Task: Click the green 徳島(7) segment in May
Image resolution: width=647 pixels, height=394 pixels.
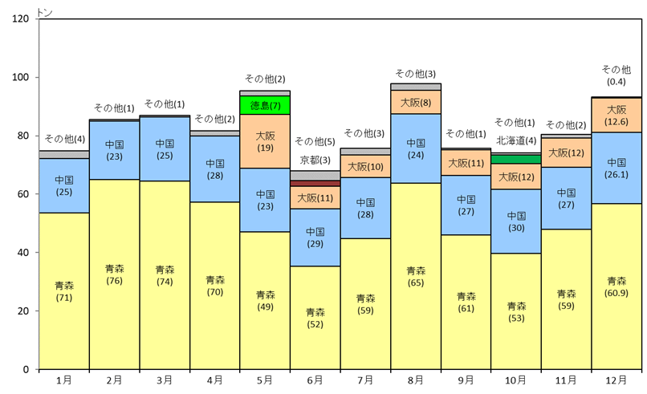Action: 265,105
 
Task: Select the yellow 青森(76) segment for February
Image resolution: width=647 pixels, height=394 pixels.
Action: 114,274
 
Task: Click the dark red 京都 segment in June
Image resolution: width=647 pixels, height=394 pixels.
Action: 315,184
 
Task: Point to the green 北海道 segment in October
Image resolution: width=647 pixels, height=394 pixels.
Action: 515,159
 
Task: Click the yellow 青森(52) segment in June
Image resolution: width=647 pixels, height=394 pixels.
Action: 315,317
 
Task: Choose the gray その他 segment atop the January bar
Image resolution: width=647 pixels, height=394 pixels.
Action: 64,154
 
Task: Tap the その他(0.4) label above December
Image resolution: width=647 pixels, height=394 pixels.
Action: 616,75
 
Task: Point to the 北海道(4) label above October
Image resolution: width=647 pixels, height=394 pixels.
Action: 516,140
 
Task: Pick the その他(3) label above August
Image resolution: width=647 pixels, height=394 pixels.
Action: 415,73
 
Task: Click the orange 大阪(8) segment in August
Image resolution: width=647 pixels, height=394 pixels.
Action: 415,102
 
